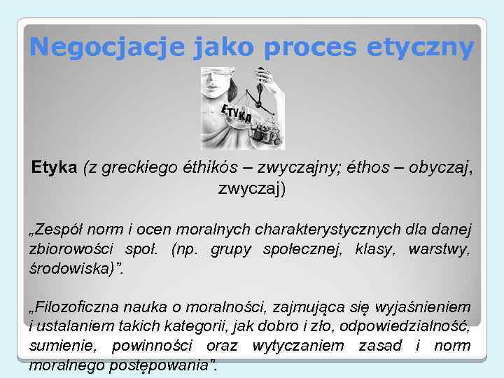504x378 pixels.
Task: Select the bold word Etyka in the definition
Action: pos(55,169)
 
